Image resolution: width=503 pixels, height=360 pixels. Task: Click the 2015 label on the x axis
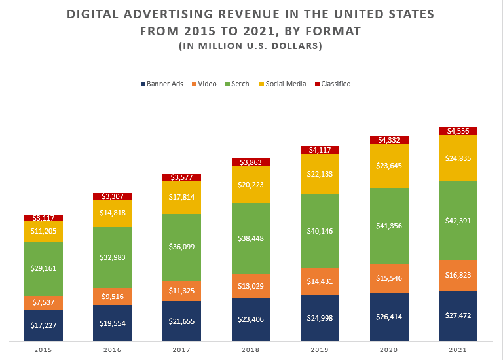(43, 351)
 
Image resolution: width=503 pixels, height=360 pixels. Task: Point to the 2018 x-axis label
(251, 351)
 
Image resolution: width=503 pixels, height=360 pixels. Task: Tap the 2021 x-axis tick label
(458, 351)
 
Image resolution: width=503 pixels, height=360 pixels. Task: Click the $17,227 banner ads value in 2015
(43, 325)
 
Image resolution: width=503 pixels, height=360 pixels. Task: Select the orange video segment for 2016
(112, 297)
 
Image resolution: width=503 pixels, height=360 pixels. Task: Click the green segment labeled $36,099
(181, 247)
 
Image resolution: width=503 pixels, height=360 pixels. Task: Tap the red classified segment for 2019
(320, 150)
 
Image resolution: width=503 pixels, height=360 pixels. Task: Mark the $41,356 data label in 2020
(389, 226)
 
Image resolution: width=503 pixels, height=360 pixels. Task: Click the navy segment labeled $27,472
(458, 315)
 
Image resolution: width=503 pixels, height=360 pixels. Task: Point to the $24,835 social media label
(458, 158)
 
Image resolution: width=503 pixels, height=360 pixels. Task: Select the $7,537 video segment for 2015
(43, 302)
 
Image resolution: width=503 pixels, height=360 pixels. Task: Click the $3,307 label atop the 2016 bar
(112, 196)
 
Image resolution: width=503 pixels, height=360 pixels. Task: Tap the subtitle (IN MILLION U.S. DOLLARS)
(251, 46)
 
